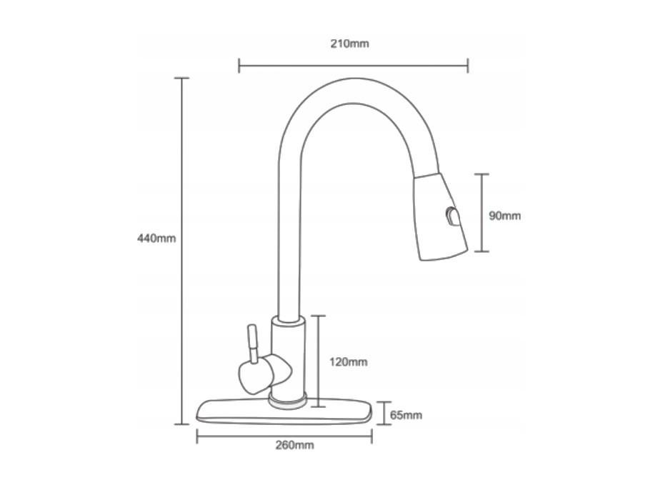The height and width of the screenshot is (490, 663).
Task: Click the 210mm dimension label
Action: (x=349, y=44)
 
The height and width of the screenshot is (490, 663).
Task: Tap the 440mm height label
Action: (x=156, y=239)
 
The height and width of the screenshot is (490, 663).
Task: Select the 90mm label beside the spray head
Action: (x=504, y=216)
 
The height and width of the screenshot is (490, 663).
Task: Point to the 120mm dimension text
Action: (x=349, y=362)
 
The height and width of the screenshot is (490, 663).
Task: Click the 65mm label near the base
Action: (x=406, y=415)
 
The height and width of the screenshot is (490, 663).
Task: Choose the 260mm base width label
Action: (x=294, y=445)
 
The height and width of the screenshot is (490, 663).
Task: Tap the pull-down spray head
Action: (x=441, y=216)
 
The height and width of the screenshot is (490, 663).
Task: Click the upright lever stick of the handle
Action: (x=252, y=344)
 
